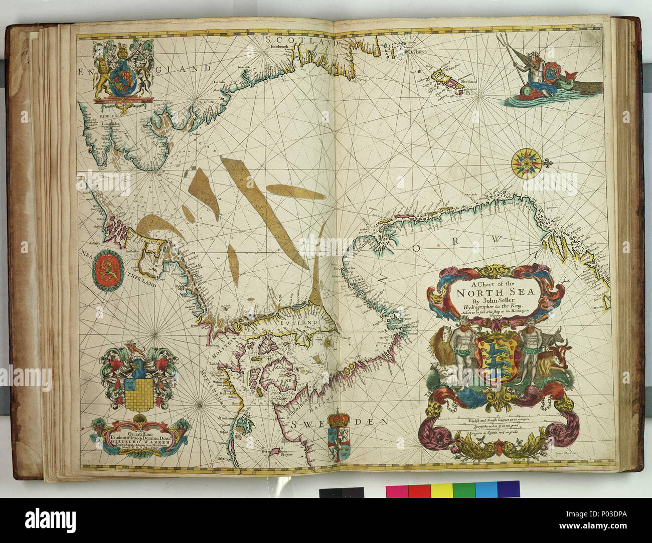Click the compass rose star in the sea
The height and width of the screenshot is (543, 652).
click(x=526, y=162)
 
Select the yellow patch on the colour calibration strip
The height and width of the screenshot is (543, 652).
click(x=442, y=490)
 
